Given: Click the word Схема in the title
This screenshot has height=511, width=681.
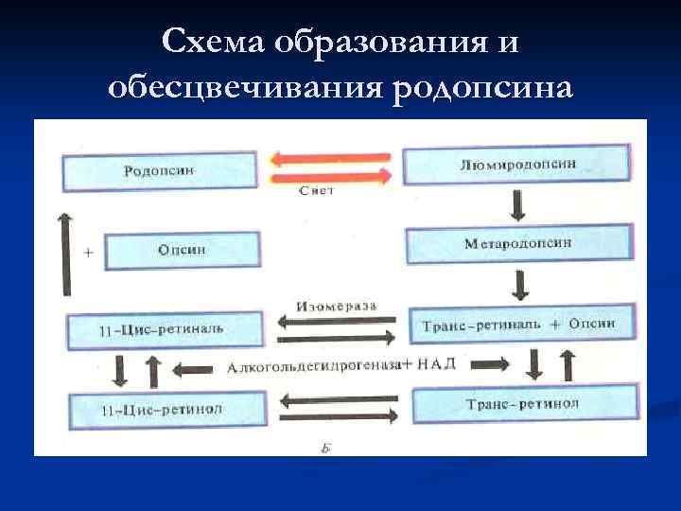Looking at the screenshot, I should [214, 43].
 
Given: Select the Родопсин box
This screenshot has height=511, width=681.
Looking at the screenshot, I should [160, 171].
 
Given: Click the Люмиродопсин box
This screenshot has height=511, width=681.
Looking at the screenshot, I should [517, 164].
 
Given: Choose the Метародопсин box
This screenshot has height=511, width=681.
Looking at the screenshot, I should [518, 244].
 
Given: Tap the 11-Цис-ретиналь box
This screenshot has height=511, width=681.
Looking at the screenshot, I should [160, 330].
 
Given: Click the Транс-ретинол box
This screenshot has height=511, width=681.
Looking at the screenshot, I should [521, 404].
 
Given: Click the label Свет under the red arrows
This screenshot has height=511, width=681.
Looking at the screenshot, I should [316, 191].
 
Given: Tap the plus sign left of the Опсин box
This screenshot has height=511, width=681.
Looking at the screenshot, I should [88, 254].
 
